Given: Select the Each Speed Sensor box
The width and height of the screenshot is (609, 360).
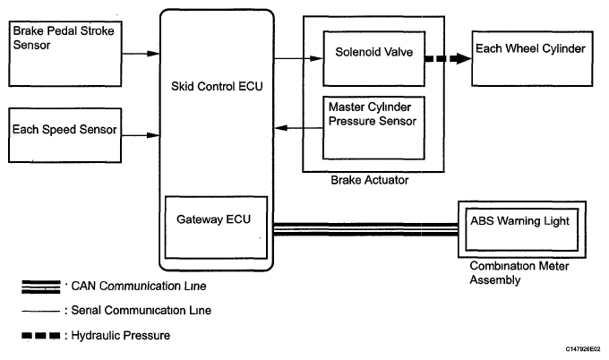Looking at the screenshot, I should (63, 135).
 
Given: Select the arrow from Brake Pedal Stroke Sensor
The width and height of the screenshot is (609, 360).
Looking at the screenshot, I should (138, 53).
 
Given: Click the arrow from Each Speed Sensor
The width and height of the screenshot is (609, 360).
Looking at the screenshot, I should (138, 135).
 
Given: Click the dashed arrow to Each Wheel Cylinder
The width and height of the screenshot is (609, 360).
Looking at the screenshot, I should (447, 60).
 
